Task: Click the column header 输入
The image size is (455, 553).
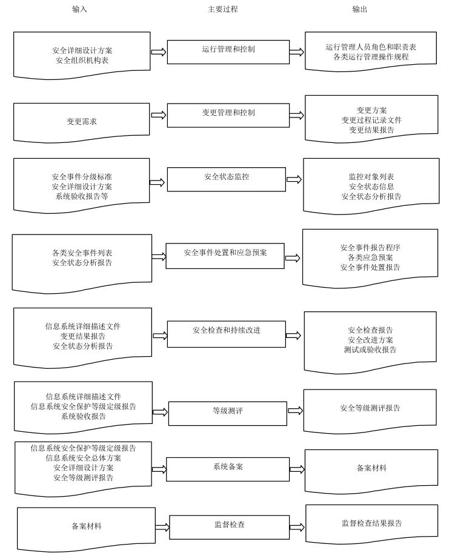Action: coord(79,9)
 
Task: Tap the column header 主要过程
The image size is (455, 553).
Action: coord(222,9)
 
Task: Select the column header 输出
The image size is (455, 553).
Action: coord(360,9)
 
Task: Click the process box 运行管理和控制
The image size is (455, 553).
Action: coord(228,52)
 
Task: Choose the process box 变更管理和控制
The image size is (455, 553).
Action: coord(228,115)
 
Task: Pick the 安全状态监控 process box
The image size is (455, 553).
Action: coord(227,179)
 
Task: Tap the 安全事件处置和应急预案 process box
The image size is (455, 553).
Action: coord(225,256)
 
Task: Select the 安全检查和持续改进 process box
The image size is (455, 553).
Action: coord(227,334)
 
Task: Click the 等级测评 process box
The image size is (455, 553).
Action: coord(228,413)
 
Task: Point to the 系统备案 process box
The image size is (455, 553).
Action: coord(228,469)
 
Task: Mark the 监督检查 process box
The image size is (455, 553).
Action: coord(229,527)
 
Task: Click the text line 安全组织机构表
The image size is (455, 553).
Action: coord(82,61)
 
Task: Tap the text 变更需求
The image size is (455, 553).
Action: coord(81,121)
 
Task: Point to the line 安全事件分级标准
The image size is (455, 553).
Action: coord(82,177)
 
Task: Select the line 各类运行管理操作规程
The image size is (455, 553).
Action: coord(371,56)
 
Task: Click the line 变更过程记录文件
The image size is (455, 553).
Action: coord(371,120)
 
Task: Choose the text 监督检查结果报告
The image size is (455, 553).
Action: coord(372,523)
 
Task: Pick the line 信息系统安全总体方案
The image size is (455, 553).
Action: coord(83,458)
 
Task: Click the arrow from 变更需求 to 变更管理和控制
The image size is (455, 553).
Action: coord(158,115)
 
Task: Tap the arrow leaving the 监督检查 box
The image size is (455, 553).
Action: coord(297,527)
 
